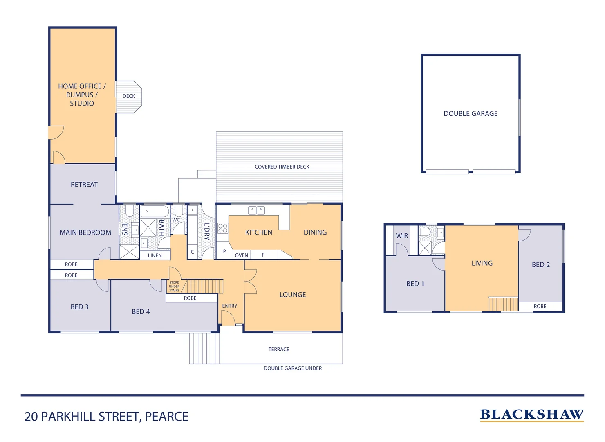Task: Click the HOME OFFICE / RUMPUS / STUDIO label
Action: coord(82,95)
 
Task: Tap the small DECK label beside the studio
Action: coord(129,96)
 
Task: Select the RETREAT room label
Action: coord(84,185)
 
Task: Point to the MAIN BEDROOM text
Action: coord(85,232)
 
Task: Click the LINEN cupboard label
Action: coord(155,255)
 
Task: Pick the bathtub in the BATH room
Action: coord(155,212)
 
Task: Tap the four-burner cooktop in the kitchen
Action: coord(223,228)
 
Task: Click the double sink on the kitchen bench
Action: coord(256,210)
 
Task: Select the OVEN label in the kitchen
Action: coord(241,255)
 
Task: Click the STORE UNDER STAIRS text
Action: coord(174,286)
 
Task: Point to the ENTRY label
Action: coord(230,306)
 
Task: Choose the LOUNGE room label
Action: coord(293,295)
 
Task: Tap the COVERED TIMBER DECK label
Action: coord(282,167)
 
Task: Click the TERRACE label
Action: coord(279,350)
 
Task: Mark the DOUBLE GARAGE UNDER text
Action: coord(293,368)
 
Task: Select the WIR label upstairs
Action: coord(402,236)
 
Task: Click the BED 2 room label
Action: coord(541,265)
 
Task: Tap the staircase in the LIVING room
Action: coord(503,304)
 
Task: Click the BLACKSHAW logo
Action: coord(532,415)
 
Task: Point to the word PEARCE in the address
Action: coord(166,417)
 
